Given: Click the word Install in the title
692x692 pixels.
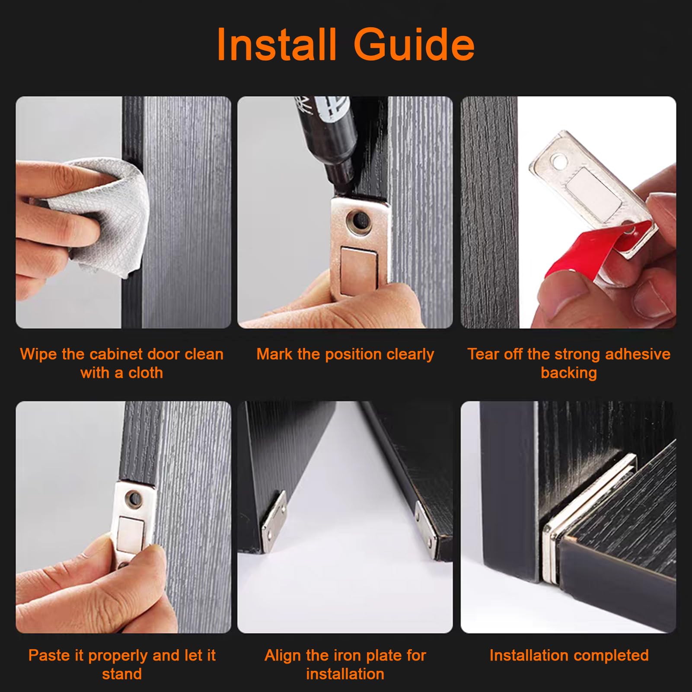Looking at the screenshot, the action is pos(276,44).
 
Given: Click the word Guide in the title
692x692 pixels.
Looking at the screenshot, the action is pos(414,44).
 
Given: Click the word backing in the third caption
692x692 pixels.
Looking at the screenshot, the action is pos(569,373).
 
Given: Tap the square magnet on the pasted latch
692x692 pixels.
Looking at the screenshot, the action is pos(131,534).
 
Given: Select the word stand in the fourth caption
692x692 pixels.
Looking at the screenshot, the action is pos(122,674).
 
